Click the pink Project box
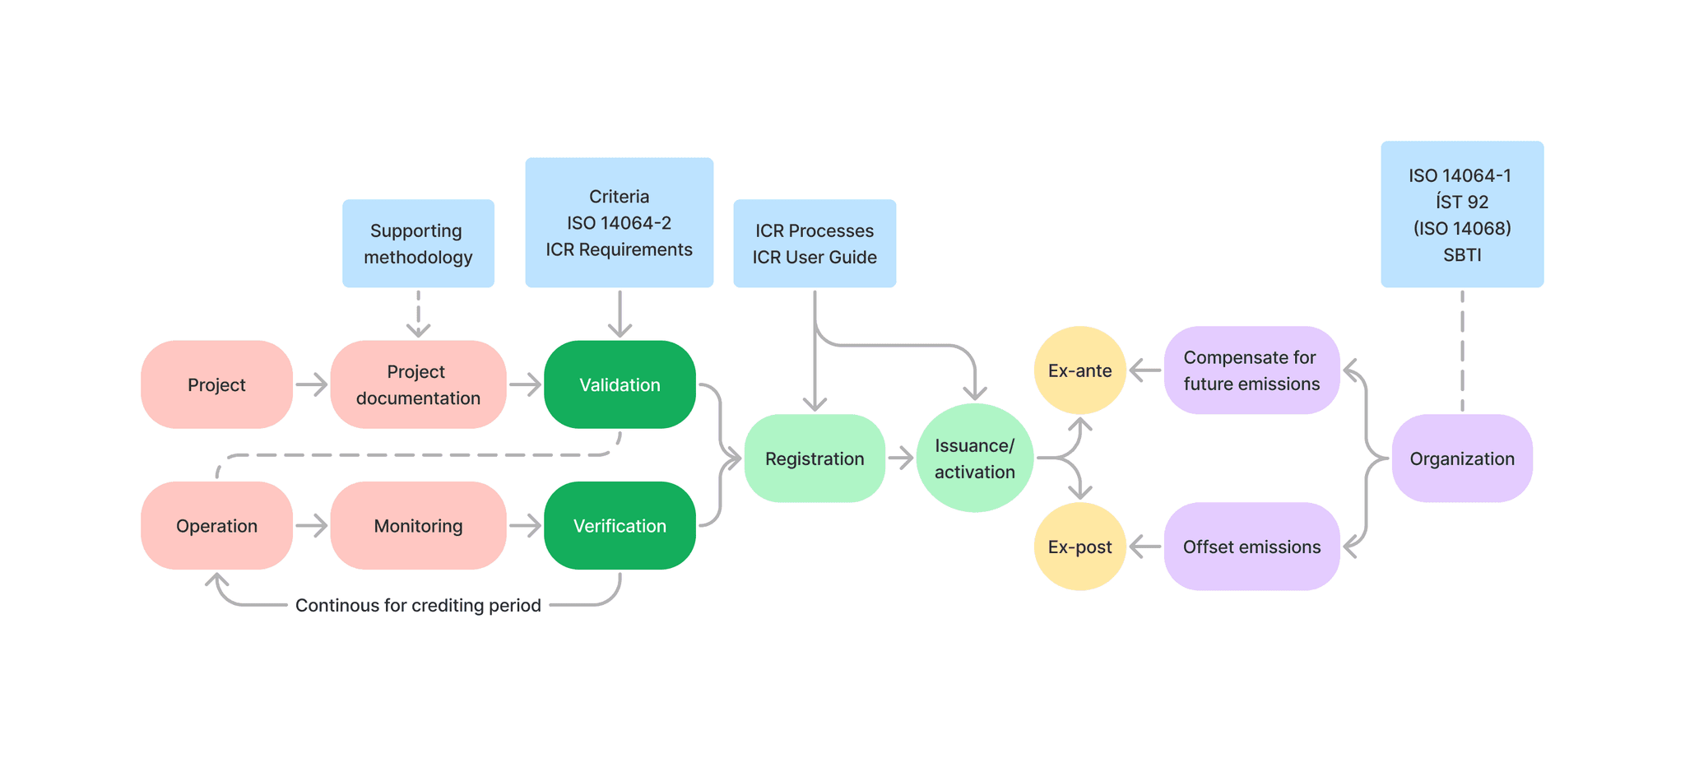[x=216, y=384]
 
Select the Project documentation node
[x=418, y=384]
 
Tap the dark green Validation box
[x=620, y=384]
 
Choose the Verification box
[x=620, y=525]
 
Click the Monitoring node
[x=418, y=525]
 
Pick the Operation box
[x=216, y=525]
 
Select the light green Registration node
[x=815, y=458]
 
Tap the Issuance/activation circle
[x=974, y=458]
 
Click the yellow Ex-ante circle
[x=1079, y=370]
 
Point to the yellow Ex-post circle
[x=1079, y=547]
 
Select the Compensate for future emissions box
[x=1251, y=370]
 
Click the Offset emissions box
[x=1251, y=547]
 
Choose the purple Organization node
[x=1462, y=458]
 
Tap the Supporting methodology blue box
[x=418, y=244]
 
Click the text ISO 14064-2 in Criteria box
[x=619, y=223]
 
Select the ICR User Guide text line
[x=815, y=257]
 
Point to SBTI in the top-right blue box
[x=1462, y=255]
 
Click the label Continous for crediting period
[x=418, y=605]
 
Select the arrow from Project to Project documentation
[x=312, y=384]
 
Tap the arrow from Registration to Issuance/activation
[x=901, y=458]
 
